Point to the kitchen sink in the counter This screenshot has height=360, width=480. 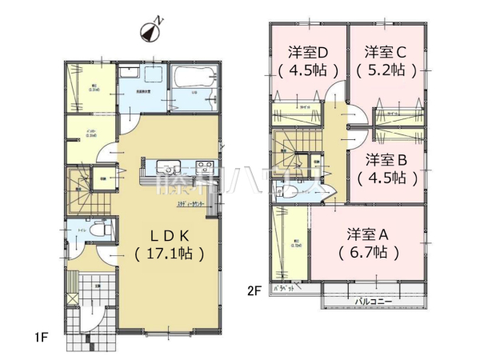pos(169,167)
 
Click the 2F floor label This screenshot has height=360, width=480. pos(254,290)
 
